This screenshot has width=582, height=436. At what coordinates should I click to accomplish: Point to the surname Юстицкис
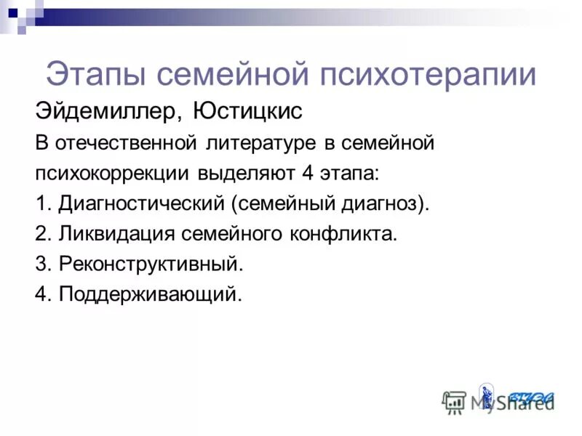(x=248, y=112)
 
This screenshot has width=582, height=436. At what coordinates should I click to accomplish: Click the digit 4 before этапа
(x=306, y=174)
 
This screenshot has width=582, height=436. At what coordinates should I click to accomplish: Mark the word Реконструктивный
(x=151, y=265)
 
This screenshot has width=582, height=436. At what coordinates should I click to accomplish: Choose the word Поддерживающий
(x=148, y=294)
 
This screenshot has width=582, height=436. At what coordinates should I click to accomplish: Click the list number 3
(x=41, y=265)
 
